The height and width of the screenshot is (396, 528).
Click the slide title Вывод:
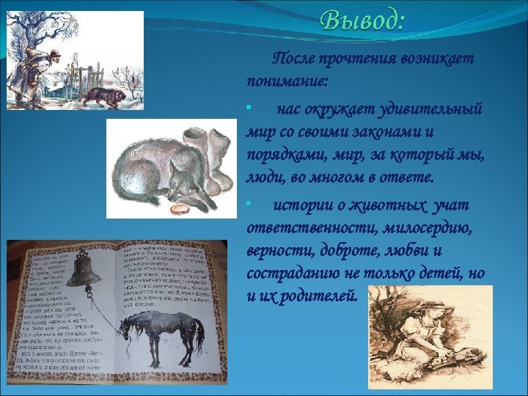362,20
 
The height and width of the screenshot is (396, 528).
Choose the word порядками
279,155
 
